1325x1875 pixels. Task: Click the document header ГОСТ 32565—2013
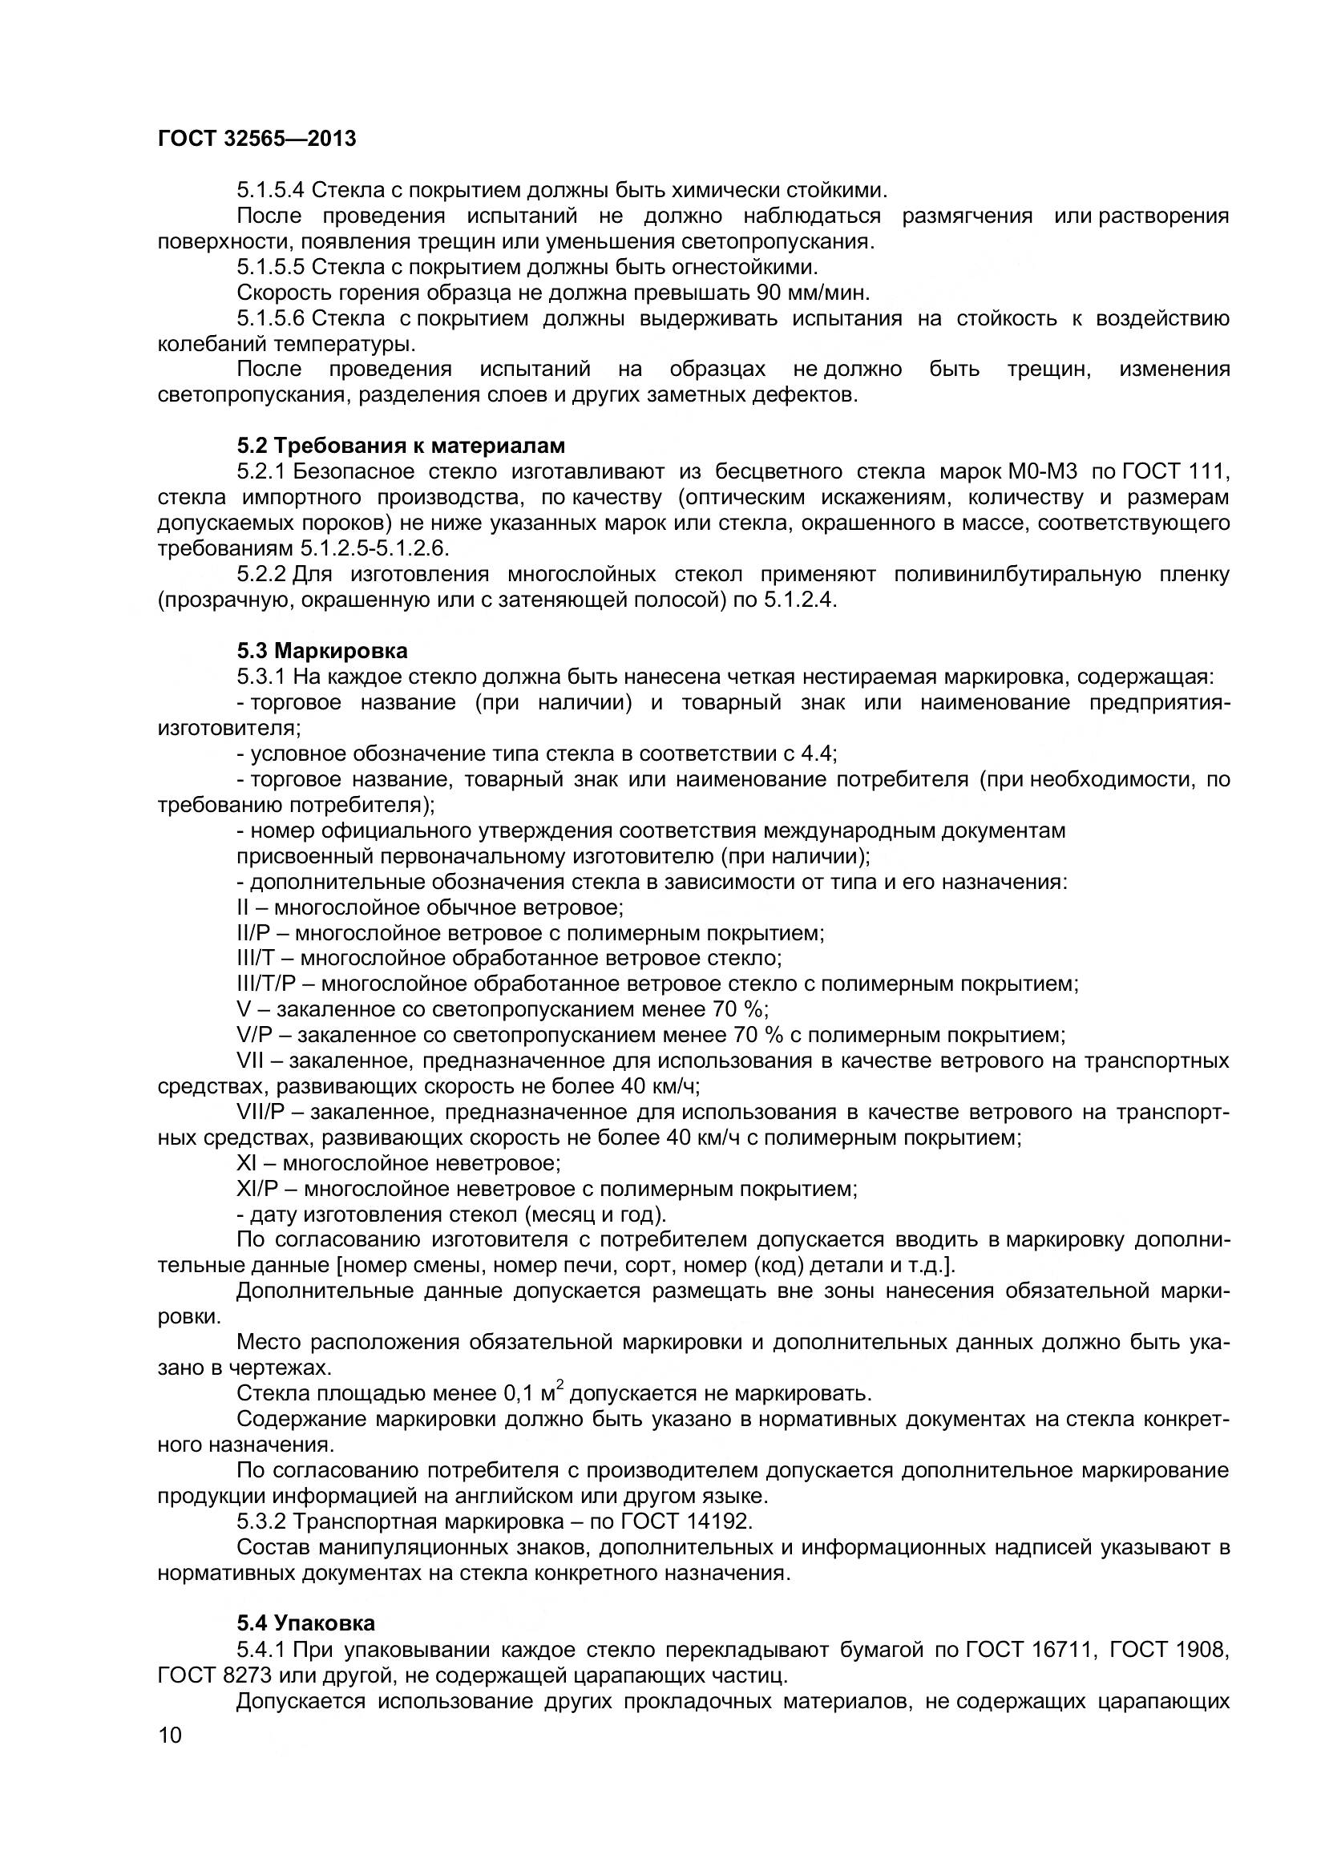click(257, 139)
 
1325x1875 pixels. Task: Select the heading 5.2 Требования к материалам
click(401, 446)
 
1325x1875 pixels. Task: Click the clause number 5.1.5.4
click(270, 190)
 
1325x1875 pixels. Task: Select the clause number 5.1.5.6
click(270, 317)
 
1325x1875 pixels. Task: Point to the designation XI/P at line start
click(257, 1188)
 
